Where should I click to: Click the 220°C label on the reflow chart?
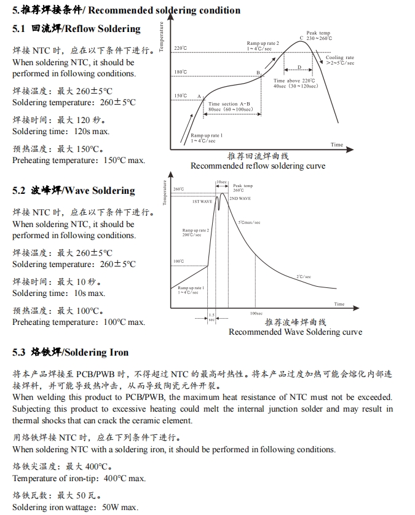181,48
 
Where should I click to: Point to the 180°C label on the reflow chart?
181,73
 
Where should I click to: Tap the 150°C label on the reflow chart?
181,96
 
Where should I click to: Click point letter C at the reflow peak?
301,38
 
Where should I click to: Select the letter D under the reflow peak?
299,67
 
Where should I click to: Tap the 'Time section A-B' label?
229,104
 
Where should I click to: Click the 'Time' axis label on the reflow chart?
337,145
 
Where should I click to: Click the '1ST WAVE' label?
202,201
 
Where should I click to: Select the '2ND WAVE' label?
240,199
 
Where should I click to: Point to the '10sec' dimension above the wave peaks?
221,183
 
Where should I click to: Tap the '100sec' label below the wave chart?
256,313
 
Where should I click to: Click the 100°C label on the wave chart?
178,261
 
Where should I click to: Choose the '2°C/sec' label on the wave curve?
304,277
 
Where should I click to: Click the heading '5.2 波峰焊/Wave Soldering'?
73,191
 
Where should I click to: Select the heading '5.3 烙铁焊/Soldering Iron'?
70,353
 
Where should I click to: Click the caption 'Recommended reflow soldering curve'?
258,166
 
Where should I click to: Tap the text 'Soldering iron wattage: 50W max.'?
75,507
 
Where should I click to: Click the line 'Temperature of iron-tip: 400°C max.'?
79,478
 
